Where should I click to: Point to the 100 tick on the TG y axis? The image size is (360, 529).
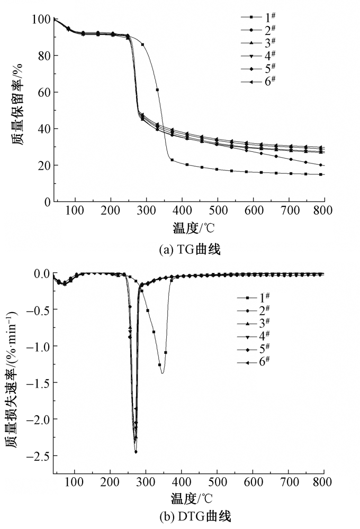click(x=43, y=20)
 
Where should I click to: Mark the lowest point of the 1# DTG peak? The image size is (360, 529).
click(x=162, y=373)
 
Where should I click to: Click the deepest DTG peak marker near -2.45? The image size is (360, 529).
click(x=136, y=452)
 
